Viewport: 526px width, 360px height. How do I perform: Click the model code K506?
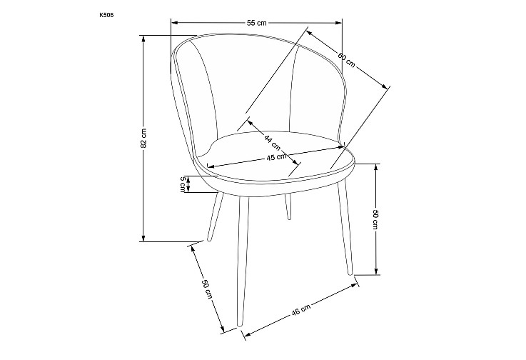click(x=104, y=15)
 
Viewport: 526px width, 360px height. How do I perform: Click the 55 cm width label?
click(x=257, y=23)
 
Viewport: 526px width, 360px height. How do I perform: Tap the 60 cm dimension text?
click(x=346, y=60)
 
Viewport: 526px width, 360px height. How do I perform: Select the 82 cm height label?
click(x=143, y=138)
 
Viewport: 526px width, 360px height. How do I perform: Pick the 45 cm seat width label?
click(x=277, y=157)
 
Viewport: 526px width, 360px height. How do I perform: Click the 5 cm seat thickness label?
click(x=183, y=184)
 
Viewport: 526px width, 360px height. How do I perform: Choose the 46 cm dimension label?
click(x=301, y=309)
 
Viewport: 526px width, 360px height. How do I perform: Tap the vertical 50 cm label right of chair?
click(x=375, y=219)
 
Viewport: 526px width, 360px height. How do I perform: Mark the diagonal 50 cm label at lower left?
click(x=207, y=289)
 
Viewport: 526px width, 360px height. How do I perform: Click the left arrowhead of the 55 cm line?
click(x=174, y=23)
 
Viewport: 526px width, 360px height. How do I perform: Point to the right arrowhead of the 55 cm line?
click(x=338, y=23)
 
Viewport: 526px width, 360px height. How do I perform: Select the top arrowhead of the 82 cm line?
click(x=143, y=39)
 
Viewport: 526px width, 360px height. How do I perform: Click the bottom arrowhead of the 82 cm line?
click(x=143, y=238)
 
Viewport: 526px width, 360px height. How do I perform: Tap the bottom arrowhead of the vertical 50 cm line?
click(x=376, y=271)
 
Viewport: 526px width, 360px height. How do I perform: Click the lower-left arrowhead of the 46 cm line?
click(x=248, y=334)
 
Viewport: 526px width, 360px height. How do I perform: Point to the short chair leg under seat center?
click(x=288, y=206)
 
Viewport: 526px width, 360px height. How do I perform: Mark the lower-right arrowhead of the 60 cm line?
click(x=385, y=86)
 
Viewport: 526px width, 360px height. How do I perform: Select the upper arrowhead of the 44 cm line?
click(x=251, y=122)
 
